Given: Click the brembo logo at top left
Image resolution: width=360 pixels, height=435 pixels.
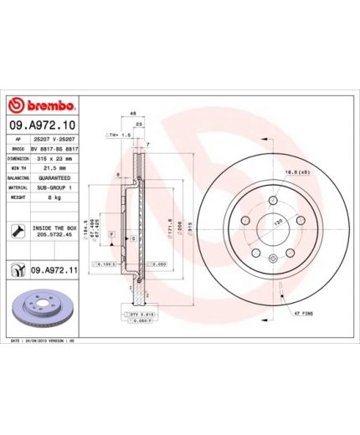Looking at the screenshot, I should tap(42, 105).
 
